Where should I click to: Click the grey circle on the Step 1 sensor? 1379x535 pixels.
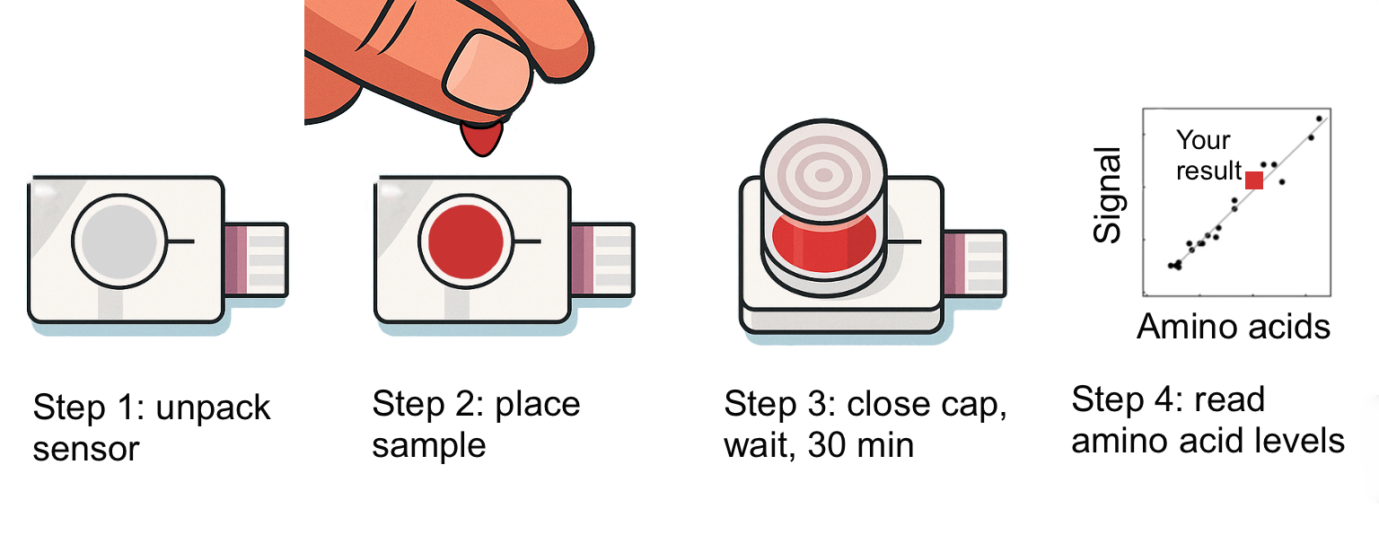[119, 241]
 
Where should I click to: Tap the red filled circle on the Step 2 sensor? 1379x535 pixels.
[466, 241]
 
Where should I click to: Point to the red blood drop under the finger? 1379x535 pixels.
[482, 139]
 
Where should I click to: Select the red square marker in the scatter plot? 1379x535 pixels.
[1254, 180]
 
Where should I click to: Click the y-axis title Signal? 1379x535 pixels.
[1107, 195]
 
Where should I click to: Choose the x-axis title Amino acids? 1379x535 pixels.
[1233, 326]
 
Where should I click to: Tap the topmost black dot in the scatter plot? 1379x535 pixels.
[1319, 118]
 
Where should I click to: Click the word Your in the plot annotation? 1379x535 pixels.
[1203, 140]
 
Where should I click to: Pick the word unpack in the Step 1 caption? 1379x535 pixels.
[213, 408]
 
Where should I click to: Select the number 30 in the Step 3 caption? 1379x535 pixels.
[827, 445]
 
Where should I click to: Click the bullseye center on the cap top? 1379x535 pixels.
[823, 175]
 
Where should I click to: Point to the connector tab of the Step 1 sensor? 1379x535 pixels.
[256, 259]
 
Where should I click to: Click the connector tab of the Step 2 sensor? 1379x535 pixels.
[602, 259]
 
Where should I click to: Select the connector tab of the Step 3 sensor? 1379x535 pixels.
[975, 264]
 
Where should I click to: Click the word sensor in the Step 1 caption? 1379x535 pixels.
[86, 450]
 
